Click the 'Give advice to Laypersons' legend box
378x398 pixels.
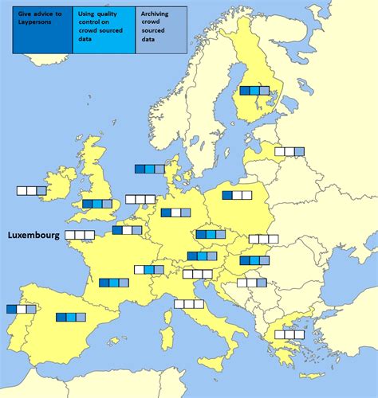click(42, 30)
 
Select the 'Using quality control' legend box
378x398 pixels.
click(104, 30)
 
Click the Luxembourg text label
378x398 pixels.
click(33, 236)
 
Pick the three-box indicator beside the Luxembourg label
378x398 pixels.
click(80, 235)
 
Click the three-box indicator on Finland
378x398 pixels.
click(255, 91)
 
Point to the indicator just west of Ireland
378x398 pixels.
click(32, 191)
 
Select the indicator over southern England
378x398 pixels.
click(97, 204)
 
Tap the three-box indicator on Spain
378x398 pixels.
click(71, 317)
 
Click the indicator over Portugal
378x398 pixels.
click(22, 309)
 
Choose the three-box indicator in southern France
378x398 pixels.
click(114, 283)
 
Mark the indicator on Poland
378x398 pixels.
click(238, 195)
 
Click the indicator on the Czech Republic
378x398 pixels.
click(211, 234)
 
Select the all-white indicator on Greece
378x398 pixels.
click(289, 334)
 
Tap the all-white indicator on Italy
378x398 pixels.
click(189, 303)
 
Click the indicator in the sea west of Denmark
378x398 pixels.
click(149, 169)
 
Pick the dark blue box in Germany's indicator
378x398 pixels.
click(166, 213)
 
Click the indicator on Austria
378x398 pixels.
click(203, 256)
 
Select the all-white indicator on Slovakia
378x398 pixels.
click(263, 239)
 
